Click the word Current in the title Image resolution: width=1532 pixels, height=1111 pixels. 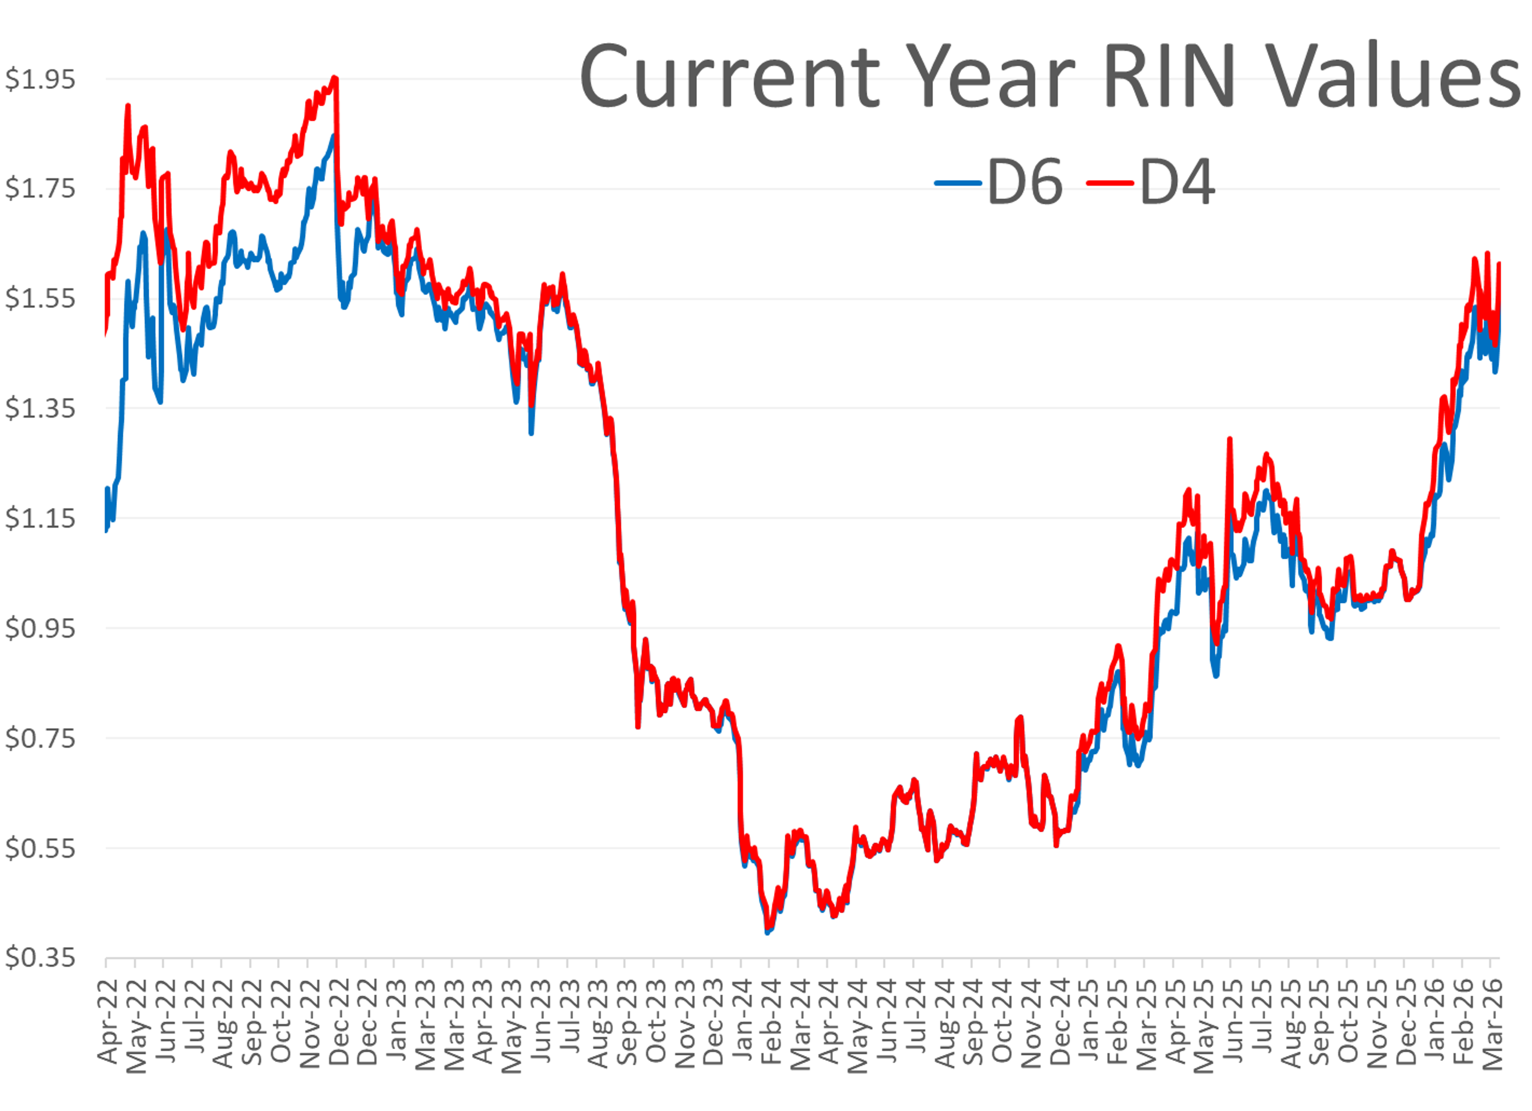point(730,76)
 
